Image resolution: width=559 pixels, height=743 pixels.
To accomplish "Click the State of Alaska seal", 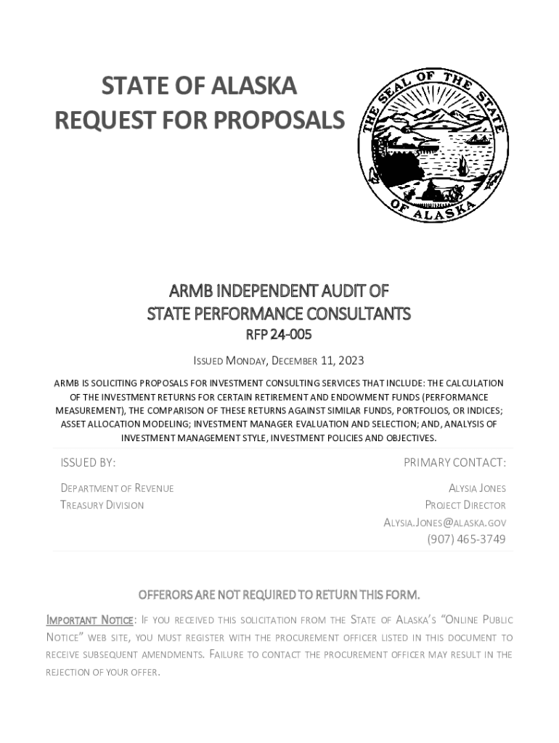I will pyautogui.click(x=433, y=147).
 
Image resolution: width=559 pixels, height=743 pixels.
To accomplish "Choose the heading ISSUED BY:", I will pyautogui.click(x=88, y=463).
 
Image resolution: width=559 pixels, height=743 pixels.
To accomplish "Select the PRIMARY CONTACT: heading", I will pyautogui.click(x=454, y=463).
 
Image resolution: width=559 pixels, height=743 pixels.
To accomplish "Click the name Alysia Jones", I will pyautogui.click(x=477, y=488).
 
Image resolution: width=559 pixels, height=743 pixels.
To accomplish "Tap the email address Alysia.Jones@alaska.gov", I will pyautogui.click(x=444, y=522).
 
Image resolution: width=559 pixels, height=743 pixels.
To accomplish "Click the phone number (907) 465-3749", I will pyautogui.click(x=466, y=539).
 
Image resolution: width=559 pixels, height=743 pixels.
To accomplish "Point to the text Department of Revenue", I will pyautogui.click(x=117, y=488).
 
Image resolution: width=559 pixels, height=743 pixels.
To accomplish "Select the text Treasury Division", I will pyautogui.click(x=102, y=505).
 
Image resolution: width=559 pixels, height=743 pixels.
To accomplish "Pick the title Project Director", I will pyautogui.click(x=465, y=505).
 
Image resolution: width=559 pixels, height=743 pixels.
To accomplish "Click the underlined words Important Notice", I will pyautogui.click(x=89, y=620).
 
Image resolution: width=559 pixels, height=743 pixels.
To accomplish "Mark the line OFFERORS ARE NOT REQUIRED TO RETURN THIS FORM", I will pyautogui.click(x=279, y=596).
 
